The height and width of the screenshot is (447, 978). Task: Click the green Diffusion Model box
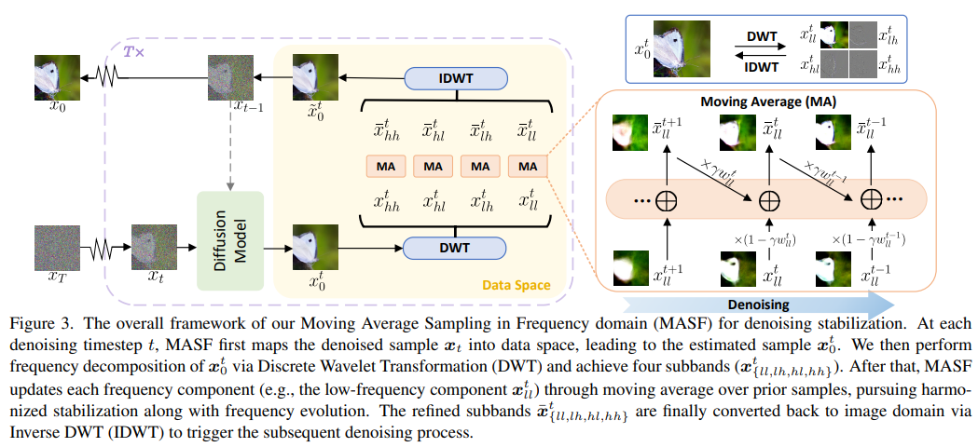click(231, 241)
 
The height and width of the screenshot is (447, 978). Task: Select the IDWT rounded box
click(454, 79)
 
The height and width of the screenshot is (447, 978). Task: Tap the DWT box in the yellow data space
click(454, 249)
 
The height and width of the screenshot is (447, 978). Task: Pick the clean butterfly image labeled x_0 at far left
click(58, 75)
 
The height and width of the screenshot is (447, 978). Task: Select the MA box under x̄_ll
click(528, 166)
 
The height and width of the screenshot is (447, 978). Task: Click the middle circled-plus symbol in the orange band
click(770, 198)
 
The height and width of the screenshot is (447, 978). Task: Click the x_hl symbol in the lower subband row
click(432, 202)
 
